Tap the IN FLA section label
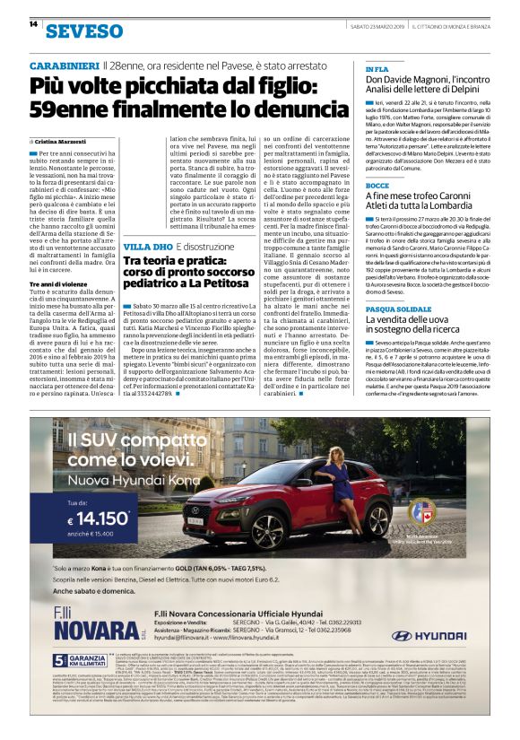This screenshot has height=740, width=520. click(377, 69)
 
